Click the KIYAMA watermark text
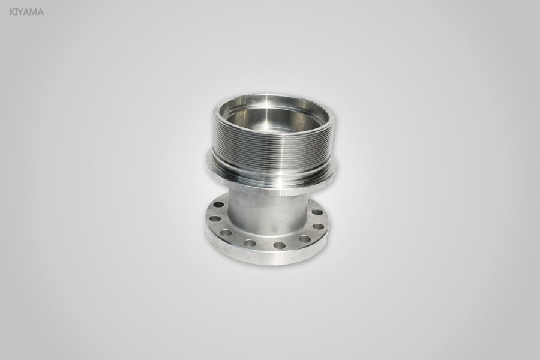tap(26, 11)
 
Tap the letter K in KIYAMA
tap(13, 11)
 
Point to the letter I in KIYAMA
tap(17, 11)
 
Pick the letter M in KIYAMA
tap(34, 11)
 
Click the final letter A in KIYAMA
tap(40, 11)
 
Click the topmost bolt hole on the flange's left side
tap(218, 205)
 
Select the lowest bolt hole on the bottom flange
tap(279, 245)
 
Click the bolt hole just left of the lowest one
tap(250, 243)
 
